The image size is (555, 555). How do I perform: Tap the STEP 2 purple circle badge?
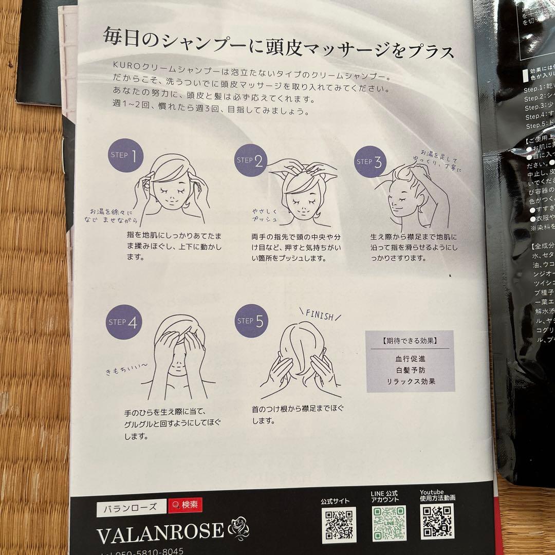(x=251, y=160)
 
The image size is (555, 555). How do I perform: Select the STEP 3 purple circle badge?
(x=371, y=162)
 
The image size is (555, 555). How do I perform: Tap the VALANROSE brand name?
(x=160, y=531)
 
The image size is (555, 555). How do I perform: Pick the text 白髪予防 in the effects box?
(x=410, y=370)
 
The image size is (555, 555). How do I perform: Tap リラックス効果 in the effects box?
(x=410, y=381)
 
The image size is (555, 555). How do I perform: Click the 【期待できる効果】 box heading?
(x=410, y=341)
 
